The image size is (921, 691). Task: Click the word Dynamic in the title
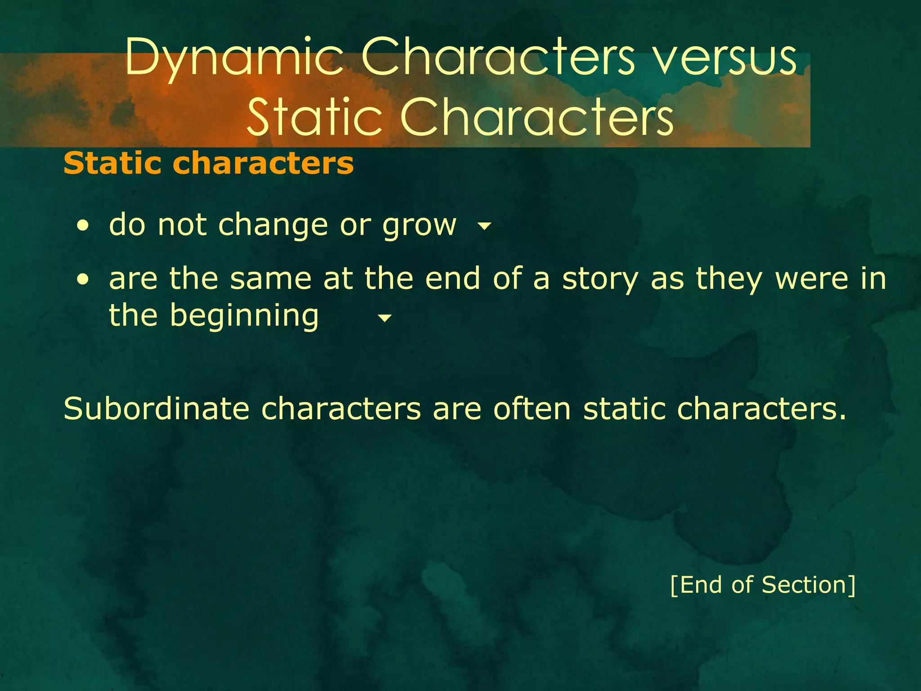coord(234,58)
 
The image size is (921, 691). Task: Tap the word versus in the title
coord(724,58)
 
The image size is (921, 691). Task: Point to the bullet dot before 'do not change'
coord(82,226)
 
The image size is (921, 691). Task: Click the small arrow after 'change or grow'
coord(484,226)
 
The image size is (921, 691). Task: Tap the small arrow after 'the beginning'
coord(384,319)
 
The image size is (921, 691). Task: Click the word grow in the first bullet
coord(419,225)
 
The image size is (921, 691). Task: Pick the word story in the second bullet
coord(600,279)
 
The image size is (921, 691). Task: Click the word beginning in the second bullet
coord(244,316)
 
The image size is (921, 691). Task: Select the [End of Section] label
coord(763,585)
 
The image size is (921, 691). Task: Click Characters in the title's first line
coord(498,58)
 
